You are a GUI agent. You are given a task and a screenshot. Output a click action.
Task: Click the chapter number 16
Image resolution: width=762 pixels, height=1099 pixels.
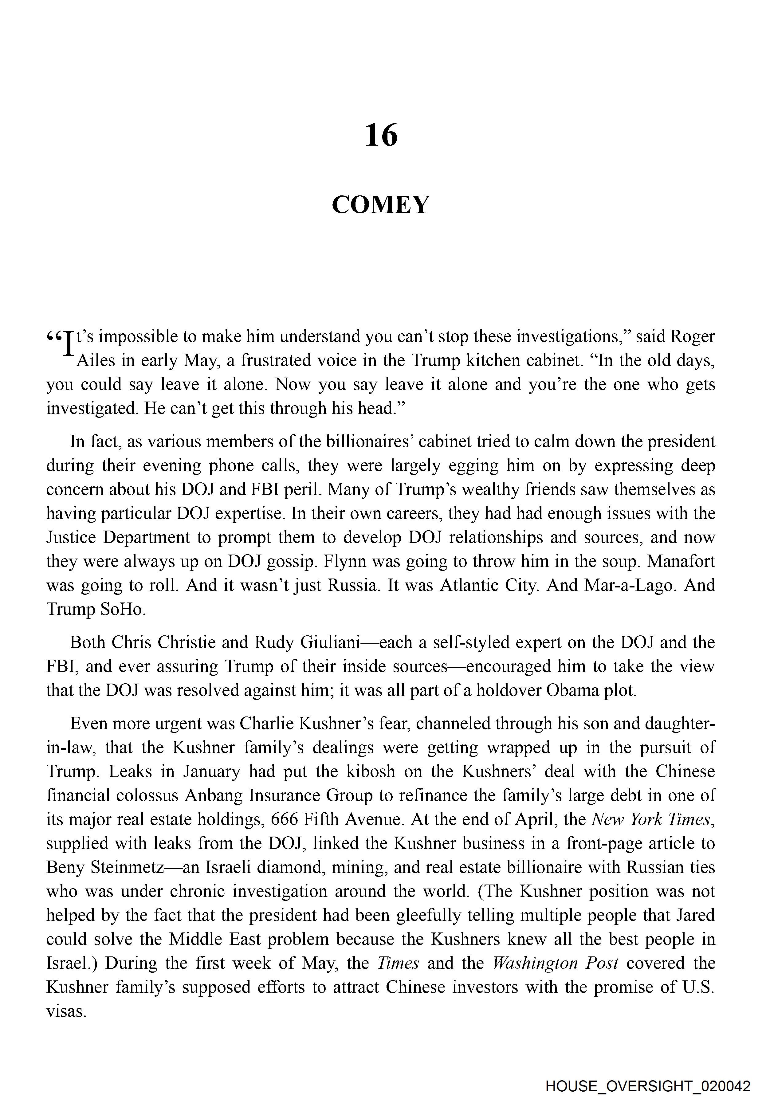tap(381, 135)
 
